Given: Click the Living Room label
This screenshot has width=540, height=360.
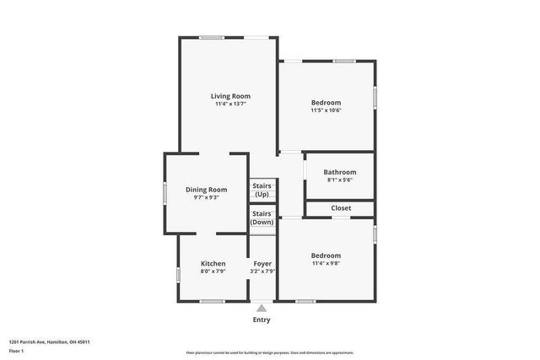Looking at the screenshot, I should (x=230, y=96).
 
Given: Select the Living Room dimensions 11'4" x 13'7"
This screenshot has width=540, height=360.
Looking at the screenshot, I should (x=230, y=105).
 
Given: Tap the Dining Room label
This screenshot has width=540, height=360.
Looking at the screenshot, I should (x=207, y=190).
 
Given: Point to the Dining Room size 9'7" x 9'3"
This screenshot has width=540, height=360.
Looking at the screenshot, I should (x=207, y=198).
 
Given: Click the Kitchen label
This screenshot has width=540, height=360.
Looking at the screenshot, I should (x=213, y=264).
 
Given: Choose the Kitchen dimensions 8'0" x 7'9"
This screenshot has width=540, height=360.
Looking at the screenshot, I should (x=213, y=272).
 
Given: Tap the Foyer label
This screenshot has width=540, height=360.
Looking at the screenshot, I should (x=262, y=264).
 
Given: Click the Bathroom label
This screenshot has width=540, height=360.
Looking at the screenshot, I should (x=339, y=172).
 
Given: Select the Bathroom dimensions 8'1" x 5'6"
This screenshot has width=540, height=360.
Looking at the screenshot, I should (x=339, y=180).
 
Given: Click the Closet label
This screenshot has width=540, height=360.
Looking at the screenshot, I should (x=341, y=207).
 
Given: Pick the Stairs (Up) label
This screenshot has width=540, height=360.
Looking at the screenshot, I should (x=262, y=190).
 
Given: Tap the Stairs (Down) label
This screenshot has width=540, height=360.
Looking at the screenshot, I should (x=262, y=218).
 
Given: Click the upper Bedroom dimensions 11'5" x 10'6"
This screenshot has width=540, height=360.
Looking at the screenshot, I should (x=326, y=110).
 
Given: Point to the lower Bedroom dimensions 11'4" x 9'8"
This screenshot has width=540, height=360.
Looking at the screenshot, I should (x=326, y=264).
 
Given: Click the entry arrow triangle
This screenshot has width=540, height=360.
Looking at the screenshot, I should (x=262, y=309).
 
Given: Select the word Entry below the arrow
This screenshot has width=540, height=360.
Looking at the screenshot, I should (x=262, y=320).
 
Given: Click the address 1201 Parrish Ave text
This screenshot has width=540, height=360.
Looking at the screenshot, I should (x=49, y=342).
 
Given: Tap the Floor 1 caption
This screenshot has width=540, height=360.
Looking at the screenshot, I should (x=16, y=351).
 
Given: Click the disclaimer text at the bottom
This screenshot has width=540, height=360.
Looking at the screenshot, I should (x=269, y=352).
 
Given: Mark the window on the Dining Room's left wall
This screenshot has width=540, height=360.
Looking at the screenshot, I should (x=165, y=192).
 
